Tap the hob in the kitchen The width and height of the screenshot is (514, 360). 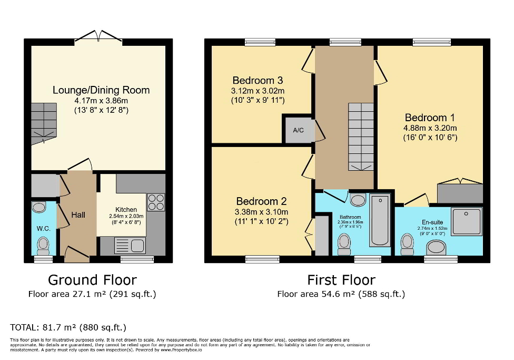click(x=156, y=202)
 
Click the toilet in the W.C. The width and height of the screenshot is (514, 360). click(x=43, y=244)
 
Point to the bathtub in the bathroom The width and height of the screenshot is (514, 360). click(x=380, y=220)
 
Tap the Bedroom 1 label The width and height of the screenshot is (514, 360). click(x=430, y=118)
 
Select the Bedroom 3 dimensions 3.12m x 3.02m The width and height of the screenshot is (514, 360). click(x=258, y=91)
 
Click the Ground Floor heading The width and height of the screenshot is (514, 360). click(x=92, y=280)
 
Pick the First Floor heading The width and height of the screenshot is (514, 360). click(x=341, y=280)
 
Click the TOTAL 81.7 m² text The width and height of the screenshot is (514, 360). click(x=68, y=327)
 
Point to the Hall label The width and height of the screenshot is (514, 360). click(x=78, y=215)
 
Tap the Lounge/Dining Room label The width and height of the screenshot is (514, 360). click(x=101, y=90)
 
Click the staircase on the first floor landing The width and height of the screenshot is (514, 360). click(x=361, y=136)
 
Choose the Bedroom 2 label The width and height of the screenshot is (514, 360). click(x=261, y=201)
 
